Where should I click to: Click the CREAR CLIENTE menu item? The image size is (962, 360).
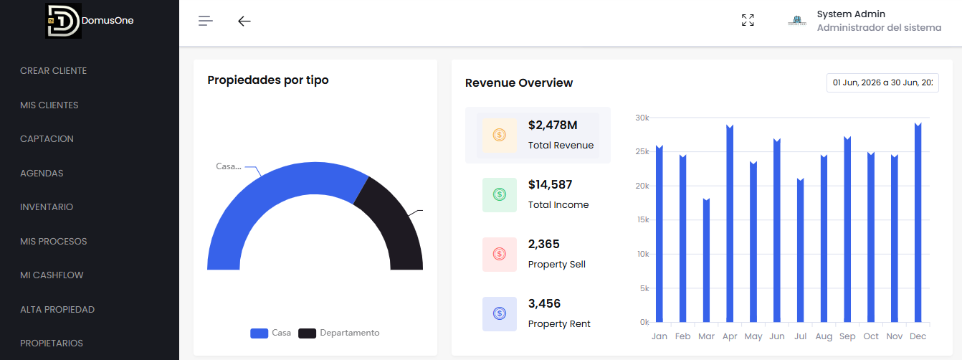[53, 71]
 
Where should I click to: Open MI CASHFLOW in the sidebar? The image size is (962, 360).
[52, 275]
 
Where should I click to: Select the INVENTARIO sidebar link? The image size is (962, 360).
[47, 207]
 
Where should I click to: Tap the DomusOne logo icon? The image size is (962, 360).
[63, 21]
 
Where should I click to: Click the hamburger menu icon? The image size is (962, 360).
[205, 21]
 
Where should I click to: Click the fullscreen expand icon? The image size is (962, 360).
[748, 20]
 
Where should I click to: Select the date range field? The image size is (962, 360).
[882, 82]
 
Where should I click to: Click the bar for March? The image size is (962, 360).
[706, 260]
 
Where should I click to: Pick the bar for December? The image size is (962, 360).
[918, 222]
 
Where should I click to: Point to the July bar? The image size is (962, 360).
[800, 250]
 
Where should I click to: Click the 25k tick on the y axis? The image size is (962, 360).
[642, 151]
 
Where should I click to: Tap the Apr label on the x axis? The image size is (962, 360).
[730, 336]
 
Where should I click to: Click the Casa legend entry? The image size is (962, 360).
[270, 333]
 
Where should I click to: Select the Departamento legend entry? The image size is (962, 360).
[339, 333]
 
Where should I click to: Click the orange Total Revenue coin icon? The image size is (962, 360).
[499, 136]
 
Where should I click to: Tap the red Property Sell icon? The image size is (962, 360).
[499, 255]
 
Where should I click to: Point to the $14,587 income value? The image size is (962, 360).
[550, 185]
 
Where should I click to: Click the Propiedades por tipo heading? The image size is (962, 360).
[268, 80]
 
